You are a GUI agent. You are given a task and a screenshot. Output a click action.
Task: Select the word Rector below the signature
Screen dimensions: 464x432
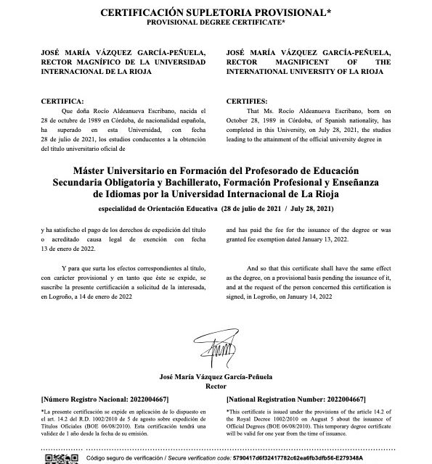pos(216,386)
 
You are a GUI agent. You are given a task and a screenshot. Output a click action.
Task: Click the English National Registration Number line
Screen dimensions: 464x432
pos(296,399)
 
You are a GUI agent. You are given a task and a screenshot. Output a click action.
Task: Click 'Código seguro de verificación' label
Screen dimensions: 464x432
pos(126,459)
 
